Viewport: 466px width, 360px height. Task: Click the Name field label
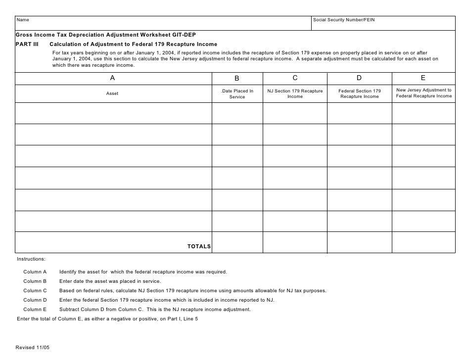point(23,20)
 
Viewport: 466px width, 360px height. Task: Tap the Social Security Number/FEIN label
point(344,20)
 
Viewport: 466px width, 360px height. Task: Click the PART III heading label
point(27,44)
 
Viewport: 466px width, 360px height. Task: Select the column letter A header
point(112,78)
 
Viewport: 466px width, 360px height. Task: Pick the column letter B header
point(237,78)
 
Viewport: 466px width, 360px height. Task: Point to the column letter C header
point(295,78)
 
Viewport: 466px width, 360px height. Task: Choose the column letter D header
point(359,78)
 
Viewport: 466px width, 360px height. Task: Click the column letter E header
point(423,78)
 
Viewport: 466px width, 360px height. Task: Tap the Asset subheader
point(112,93)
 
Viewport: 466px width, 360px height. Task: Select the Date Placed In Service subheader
point(237,94)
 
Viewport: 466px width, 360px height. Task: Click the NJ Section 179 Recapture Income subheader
point(295,94)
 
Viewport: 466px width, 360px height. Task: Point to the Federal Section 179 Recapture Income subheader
point(360,94)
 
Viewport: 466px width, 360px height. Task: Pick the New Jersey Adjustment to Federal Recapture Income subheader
point(424,93)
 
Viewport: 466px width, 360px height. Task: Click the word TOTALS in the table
point(199,246)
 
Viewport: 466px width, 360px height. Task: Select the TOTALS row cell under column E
point(423,242)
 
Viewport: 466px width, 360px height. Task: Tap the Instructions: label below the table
point(31,259)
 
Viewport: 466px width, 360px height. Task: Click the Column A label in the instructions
point(35,272)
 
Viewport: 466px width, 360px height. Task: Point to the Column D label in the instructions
point(35,300)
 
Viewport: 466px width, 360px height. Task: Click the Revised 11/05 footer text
point(33,347)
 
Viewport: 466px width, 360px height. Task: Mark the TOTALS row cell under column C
point(295,242)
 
